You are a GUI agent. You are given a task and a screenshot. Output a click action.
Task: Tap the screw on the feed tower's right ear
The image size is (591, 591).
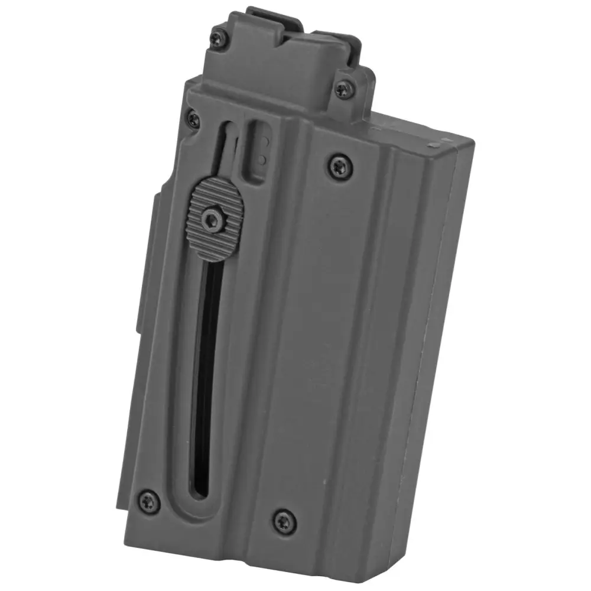click(x=343, y=90)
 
